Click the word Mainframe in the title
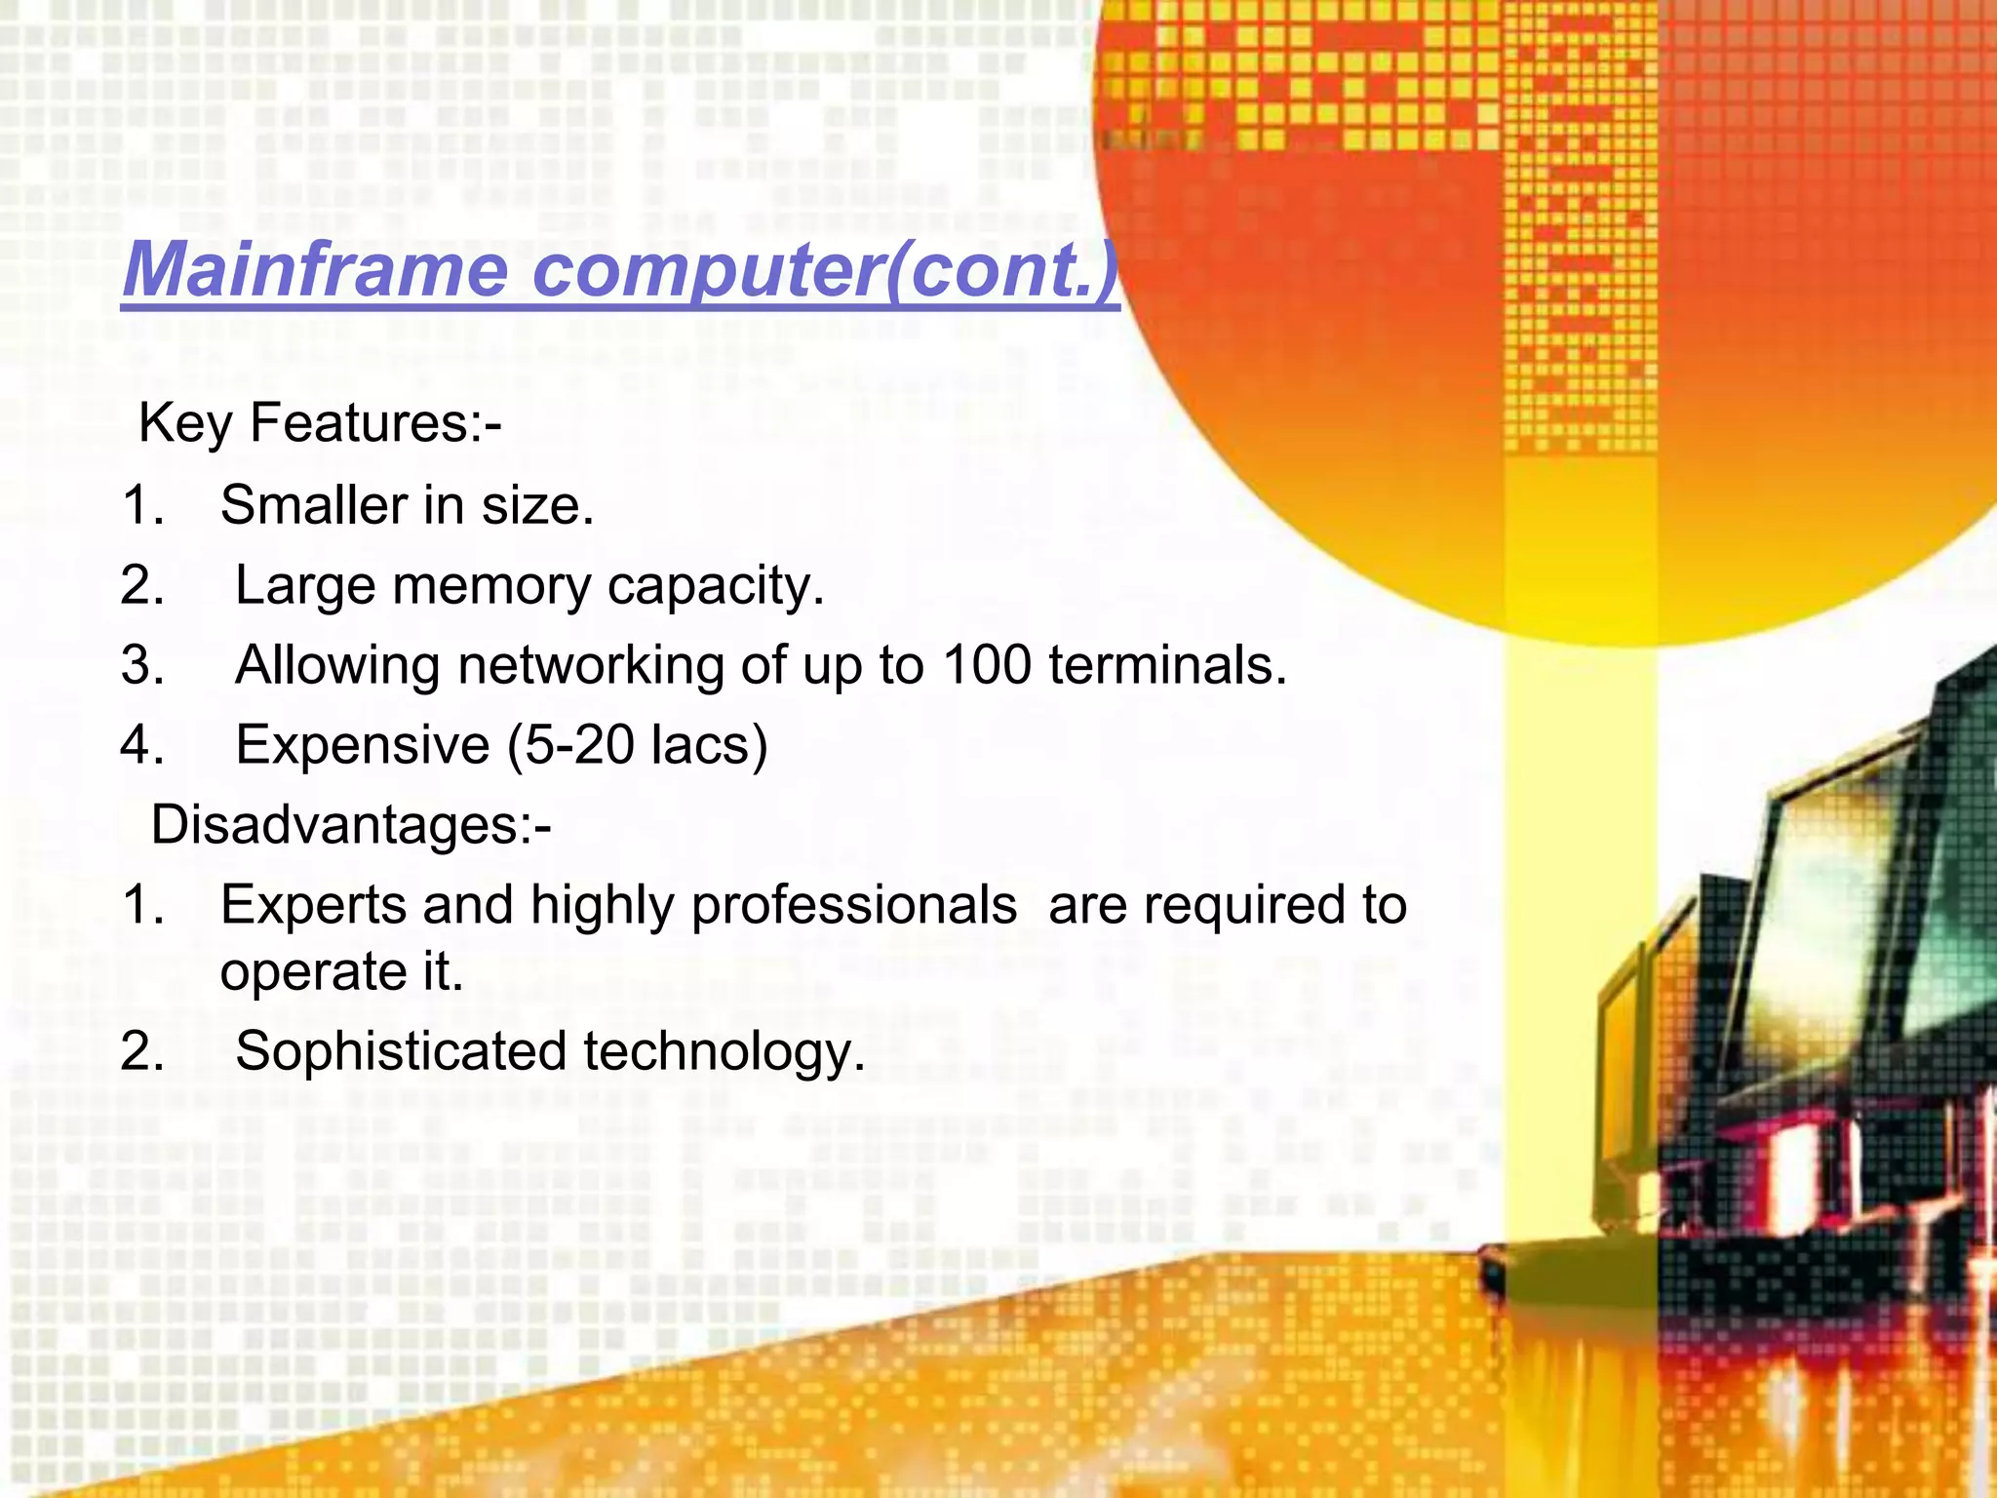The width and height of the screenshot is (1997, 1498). pyautogui.click(x=315, y=269)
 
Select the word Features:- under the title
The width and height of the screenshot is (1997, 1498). pyautogui.click(x=375, y=423)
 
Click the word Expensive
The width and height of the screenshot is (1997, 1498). pyautogui.click(x=363, y=745)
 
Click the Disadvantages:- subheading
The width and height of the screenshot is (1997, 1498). pyautogui.click(x=351, y=825)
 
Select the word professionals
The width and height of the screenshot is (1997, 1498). pyautogui.click(x=854, y=905)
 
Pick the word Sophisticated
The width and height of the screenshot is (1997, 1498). pyautogui.click(x=401, y=1051)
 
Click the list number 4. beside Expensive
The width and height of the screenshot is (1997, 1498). pyautogui.click(x=142, y=745)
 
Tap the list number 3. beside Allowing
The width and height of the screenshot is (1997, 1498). pyautogui.click(x=142, y=665)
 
